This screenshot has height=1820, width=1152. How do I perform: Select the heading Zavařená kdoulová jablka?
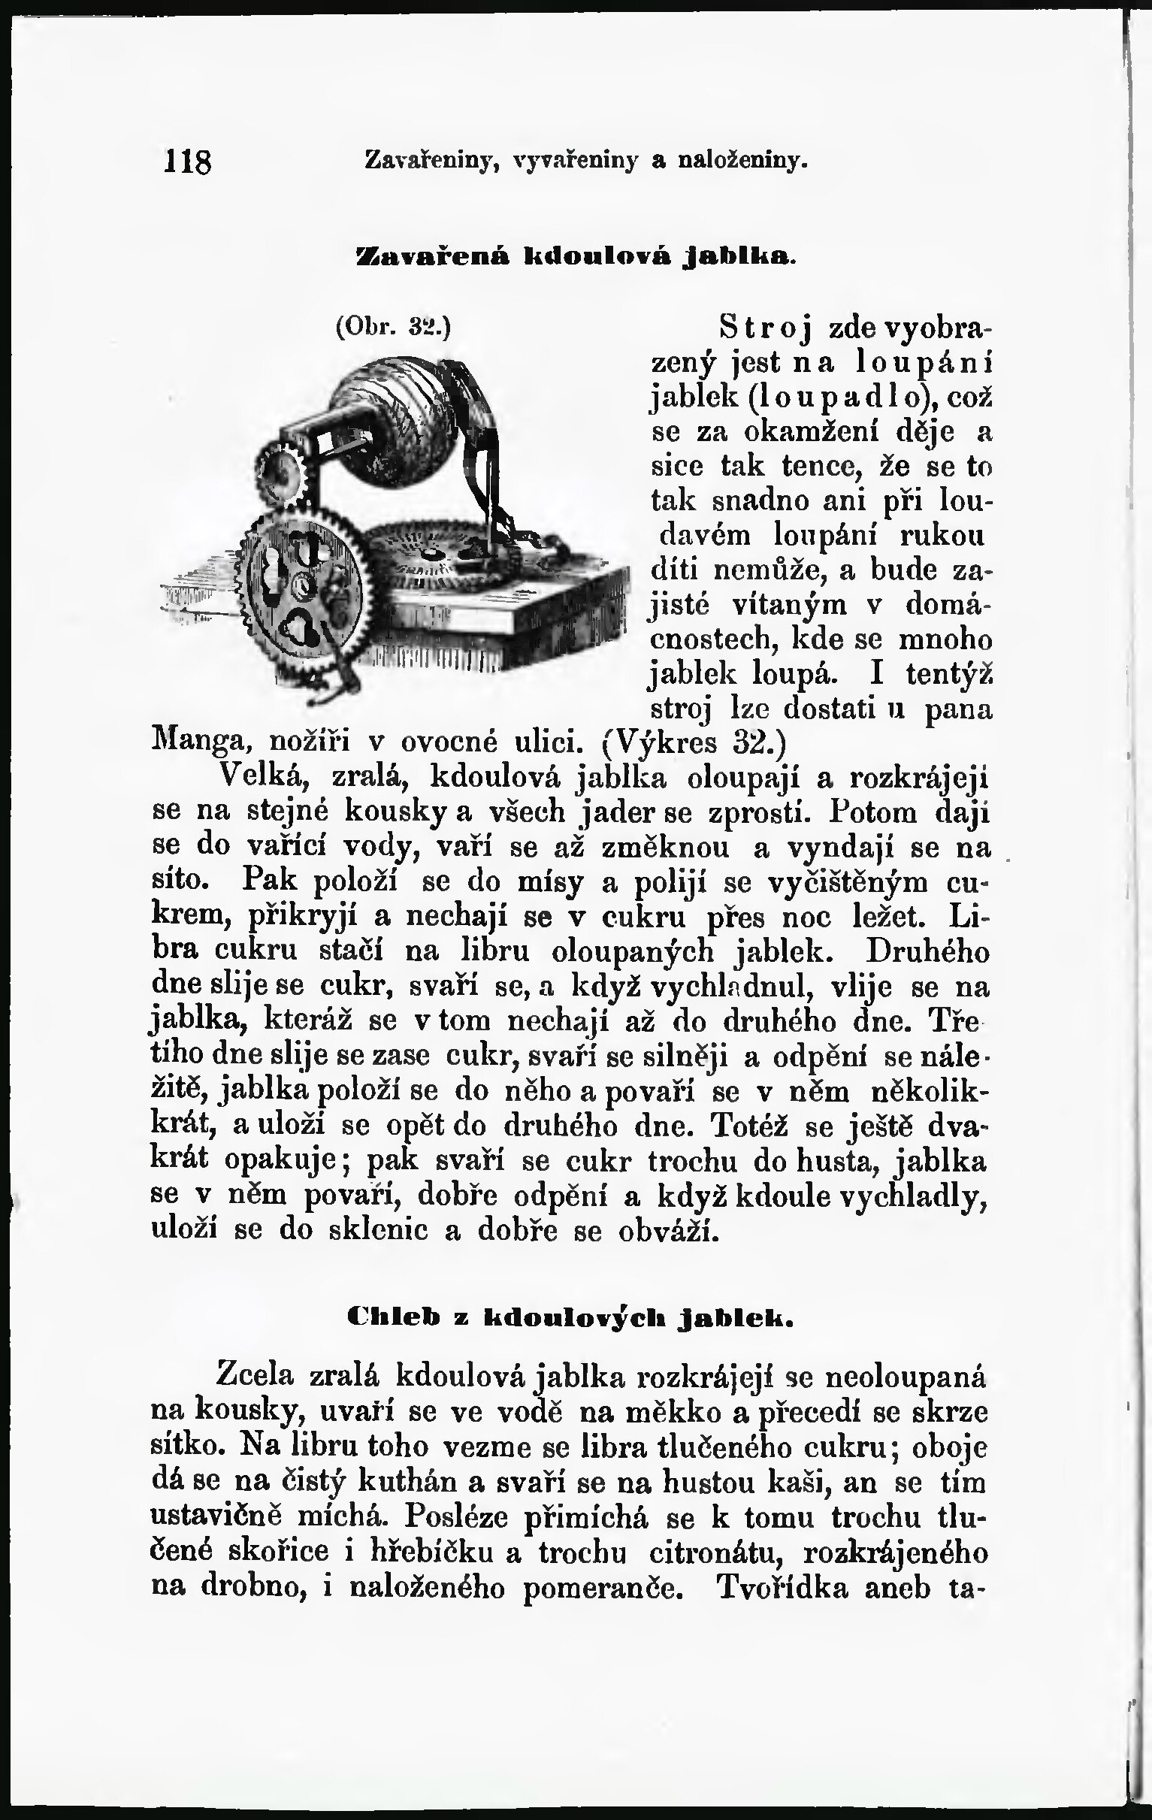(x=575, y=255)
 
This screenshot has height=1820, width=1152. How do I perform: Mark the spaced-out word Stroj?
(x=765, y=330)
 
